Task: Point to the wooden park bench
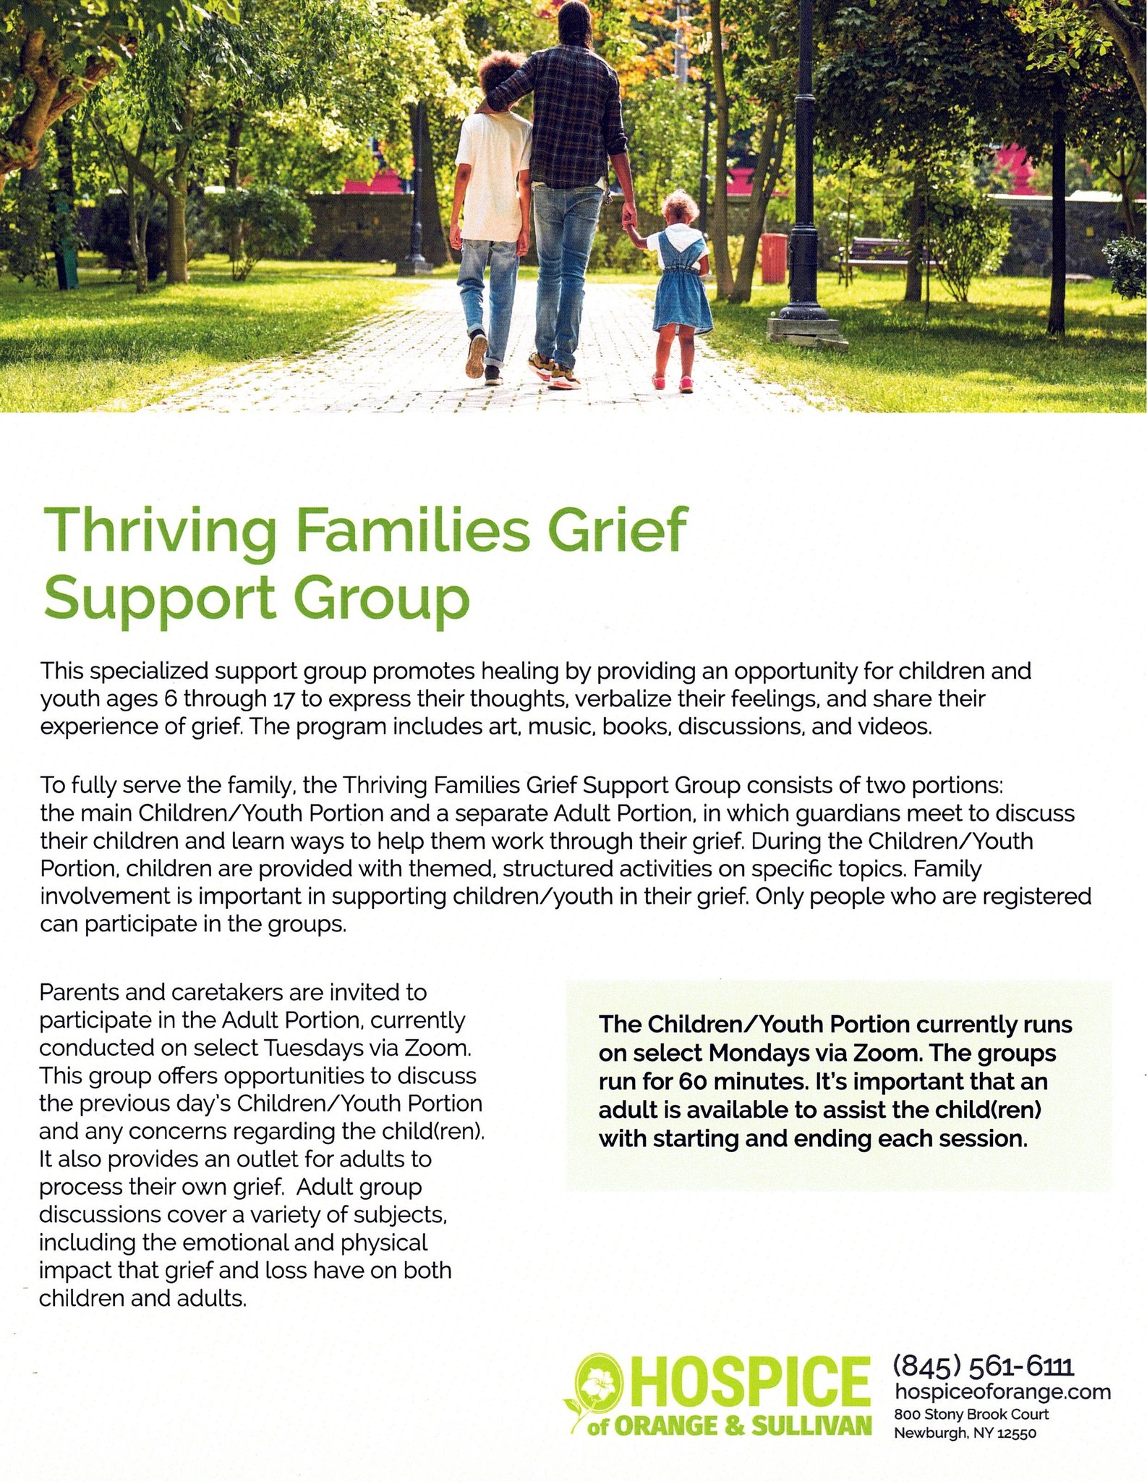(x=878, y=256)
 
